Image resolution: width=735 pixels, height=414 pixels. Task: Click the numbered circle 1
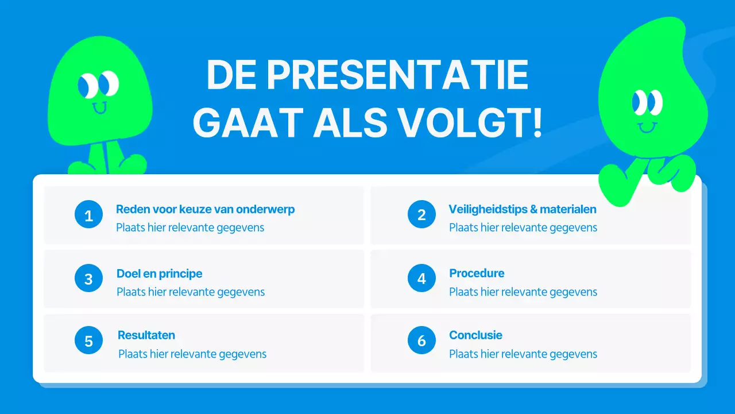(88, 216)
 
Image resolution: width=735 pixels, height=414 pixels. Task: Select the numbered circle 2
(421, 215)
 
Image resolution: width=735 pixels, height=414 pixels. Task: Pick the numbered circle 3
(88, 279)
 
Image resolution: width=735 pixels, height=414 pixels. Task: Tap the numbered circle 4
(421, 279)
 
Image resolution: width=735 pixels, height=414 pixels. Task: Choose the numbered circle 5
(88, 341)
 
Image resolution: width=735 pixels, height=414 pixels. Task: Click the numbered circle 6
(421, 341)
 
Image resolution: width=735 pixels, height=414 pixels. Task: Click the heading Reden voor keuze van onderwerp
(205, 209)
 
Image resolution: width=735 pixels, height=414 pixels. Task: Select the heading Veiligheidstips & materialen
(523, 209)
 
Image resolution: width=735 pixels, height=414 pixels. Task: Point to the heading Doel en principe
(159, 274)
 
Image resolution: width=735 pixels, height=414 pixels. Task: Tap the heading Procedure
(477, 273)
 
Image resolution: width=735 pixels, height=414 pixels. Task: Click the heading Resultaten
(146, 335)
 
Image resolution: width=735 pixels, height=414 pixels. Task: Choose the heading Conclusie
(475, 335)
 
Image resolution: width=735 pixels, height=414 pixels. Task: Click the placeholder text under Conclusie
(523, 354)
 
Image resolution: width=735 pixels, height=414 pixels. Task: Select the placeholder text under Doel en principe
(191, 292)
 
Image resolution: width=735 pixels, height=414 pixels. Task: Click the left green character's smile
(100, 108)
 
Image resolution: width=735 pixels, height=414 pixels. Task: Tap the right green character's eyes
(647, 103)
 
